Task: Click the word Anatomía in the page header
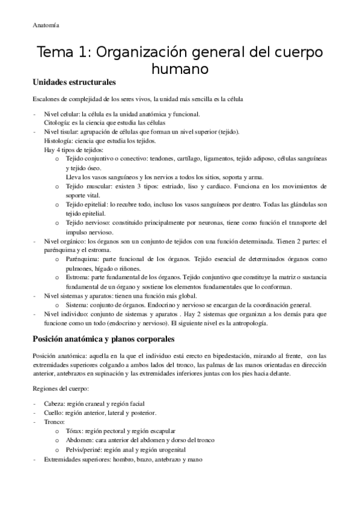click(x=45, y=25)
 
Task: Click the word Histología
click(x=58, y=141)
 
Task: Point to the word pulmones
click(x=81, y=268)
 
